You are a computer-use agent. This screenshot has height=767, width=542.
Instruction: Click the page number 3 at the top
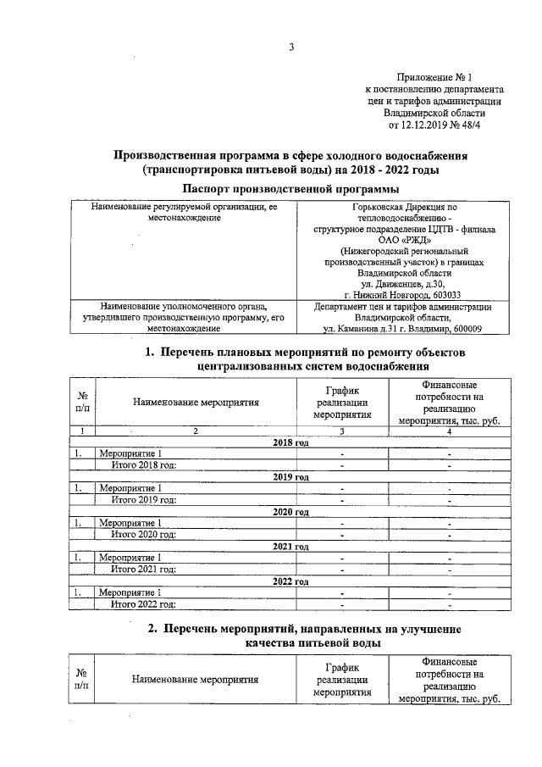[x=290, y=47]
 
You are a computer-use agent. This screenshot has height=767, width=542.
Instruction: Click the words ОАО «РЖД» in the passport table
[x=404, y=240]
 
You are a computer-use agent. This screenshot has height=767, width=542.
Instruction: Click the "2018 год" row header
[x=290, y=443]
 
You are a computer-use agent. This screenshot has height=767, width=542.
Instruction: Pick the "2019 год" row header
[x=290, y=477]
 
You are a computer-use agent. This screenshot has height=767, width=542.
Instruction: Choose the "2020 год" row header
[x=290, y=512]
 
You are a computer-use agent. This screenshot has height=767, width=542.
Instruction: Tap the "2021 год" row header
[x=290, y=547]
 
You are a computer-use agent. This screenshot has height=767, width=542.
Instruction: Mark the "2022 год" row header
[x=290, y=581]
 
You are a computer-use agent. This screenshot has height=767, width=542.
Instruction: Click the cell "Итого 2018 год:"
[x=144, y=464]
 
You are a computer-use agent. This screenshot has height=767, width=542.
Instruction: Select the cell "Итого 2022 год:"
[x=144, y=603]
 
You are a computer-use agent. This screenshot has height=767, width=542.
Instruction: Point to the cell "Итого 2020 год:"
[x=144, y=534]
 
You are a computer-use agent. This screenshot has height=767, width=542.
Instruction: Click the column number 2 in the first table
[x=195, y=432]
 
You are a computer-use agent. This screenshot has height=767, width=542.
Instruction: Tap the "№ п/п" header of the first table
[x=84, y=403]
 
